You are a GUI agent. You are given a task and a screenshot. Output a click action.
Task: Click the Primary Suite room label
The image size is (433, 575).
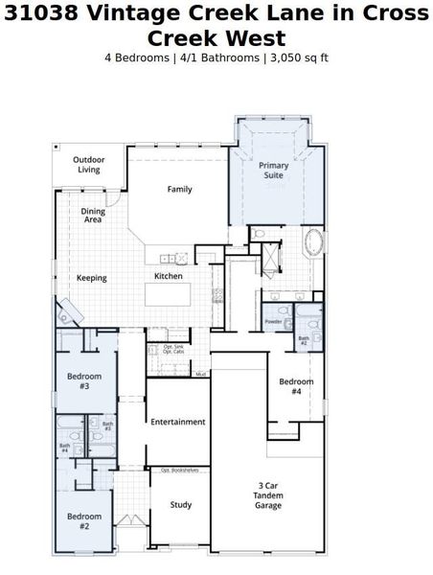coord(274,171)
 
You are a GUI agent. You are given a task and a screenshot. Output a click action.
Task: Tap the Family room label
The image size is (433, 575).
coord(180,189)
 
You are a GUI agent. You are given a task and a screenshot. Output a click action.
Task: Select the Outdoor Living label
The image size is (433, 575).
coord(89,165)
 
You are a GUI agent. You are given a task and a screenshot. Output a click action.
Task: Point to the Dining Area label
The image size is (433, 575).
coord(92,215)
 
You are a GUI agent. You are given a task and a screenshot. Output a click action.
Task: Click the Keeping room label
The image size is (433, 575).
coord(92,278)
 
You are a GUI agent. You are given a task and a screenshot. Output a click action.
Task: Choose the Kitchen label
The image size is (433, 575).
coord(169,276)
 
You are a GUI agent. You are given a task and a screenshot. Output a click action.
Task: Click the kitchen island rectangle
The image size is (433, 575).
coord(178,293)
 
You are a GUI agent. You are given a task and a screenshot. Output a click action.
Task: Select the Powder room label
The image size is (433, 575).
coord(273,322)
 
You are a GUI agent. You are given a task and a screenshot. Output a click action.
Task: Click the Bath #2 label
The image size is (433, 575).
coord(304,339)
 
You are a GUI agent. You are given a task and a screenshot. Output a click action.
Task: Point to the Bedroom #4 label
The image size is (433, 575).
coord(296,386)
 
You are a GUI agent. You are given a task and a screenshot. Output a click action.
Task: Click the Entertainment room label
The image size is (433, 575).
coord(178,422)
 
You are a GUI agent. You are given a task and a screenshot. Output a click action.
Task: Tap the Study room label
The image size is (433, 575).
coord(181,504)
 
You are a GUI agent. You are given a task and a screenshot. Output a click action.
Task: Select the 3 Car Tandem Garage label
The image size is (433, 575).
coord(267,494)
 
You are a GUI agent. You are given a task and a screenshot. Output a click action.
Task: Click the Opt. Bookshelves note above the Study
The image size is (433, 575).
coord(179,471)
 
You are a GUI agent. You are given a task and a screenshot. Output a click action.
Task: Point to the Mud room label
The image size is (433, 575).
coord(201,374)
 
